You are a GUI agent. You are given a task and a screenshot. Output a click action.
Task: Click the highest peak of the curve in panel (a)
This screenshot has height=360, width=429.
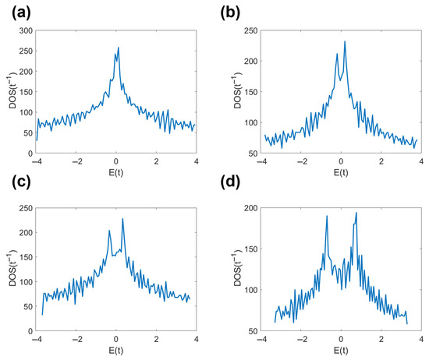click(119, 48)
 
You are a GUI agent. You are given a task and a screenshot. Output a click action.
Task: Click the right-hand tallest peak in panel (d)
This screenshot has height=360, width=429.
click(356, 213)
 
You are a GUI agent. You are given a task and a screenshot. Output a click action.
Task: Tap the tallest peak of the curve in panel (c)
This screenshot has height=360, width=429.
click(122, 219)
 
